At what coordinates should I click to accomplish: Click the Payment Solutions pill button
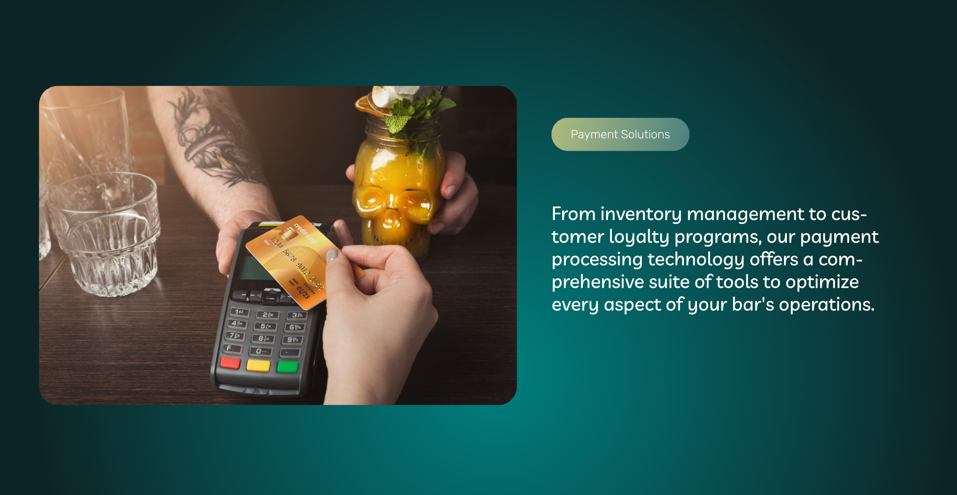point(620,134)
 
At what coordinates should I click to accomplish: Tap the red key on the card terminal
point(231,363)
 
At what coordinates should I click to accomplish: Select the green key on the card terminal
point(288,366)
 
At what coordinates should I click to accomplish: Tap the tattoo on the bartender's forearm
point(213,138)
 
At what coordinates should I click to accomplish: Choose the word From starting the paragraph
point(574,214)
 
